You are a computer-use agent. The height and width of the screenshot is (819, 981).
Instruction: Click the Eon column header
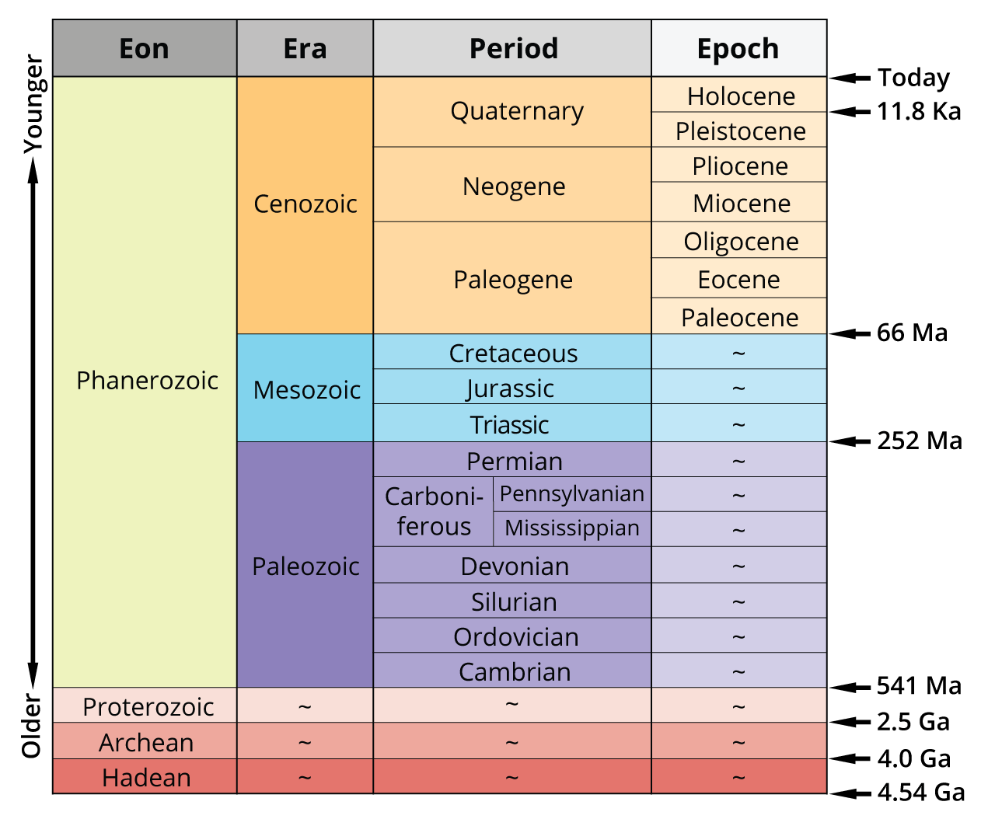tap(145, 48)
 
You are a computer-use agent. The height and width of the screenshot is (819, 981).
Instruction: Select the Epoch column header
tap(738, 48)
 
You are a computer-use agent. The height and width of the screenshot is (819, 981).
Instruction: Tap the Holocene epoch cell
tap(741, 96)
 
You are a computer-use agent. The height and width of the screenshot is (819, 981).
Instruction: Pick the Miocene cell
tap(741, 203)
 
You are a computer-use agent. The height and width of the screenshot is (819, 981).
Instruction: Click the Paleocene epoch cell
tap(739, 317)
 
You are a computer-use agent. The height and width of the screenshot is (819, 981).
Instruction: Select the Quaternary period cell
tap(516, 111)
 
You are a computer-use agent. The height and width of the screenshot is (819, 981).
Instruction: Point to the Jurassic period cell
tap(511, 388)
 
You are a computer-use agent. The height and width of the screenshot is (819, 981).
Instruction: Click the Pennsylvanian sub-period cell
tap(571, 493)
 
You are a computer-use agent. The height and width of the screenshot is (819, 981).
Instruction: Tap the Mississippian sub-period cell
tap(571, 528)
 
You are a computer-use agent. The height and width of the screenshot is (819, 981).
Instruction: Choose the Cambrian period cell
tap(514, 671)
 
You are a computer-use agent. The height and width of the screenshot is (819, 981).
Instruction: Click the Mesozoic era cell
tap(306, 389)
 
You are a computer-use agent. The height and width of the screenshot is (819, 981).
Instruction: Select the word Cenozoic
tap(305, 204)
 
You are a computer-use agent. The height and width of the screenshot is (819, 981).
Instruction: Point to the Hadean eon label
tap(146, 777)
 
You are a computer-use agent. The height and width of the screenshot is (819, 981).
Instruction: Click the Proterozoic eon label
tap(148, 706)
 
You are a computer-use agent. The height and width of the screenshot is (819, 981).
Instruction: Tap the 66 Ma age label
tap(912, 333)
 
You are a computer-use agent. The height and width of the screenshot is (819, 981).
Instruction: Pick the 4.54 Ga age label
tap(921, 792)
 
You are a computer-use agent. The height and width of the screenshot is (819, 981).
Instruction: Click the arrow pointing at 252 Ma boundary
tap(850, 441)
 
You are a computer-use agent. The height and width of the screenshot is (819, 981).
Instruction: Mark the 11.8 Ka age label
tap(919, 111)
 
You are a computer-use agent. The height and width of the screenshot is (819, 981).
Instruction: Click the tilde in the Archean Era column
tap(305, 743)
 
